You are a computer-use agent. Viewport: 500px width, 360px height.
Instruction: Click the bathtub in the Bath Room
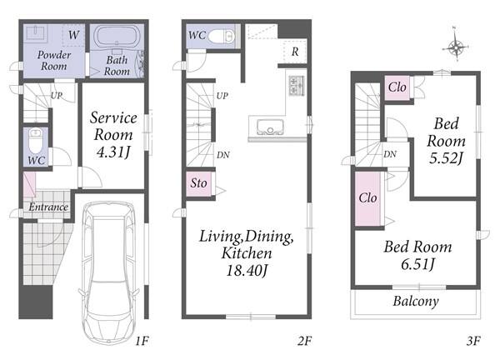(117, 37)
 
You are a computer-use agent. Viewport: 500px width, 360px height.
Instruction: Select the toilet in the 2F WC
(222, 36)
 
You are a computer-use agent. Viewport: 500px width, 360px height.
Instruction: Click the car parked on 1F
(109, 272)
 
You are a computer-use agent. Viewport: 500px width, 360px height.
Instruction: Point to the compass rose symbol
(456, 47)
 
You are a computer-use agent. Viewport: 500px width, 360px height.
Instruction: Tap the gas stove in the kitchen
(296, 86)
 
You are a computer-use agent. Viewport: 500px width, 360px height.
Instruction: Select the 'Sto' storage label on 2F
(198, 183)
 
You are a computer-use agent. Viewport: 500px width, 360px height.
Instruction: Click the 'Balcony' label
(416, 302)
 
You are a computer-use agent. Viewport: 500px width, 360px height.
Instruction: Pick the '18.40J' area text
(247, 271)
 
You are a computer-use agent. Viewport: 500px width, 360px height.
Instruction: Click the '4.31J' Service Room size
(114, 152)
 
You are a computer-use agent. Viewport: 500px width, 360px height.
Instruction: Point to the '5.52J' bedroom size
(446, 157)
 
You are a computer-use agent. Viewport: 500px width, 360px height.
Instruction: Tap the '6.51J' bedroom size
(418, 264)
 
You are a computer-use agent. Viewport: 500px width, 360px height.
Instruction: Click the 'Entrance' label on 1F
(48, 207)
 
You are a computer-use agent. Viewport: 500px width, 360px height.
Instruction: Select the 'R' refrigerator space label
(295, 52)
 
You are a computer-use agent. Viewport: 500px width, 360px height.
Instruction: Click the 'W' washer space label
(73, 34)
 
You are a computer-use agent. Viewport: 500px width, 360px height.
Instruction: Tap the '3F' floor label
(473, 341)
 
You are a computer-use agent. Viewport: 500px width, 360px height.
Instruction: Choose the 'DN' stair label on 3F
(390, 154)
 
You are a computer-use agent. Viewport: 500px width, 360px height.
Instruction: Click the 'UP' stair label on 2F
(222, 96)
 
